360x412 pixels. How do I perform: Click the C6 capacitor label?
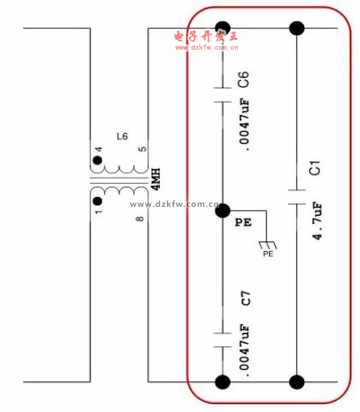(243, 79)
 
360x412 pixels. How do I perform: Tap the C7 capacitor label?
(246, 299)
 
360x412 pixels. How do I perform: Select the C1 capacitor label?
(314, 168)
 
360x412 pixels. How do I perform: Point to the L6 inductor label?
(122, 137)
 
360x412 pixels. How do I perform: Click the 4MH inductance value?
(155, 179)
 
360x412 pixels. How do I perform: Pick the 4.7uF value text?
(317, 221)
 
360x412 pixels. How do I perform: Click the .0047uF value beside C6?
(244, 125)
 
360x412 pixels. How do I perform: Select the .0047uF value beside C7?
(244, 350)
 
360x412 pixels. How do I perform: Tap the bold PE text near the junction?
(243, 222)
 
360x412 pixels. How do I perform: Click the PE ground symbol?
(268, 246)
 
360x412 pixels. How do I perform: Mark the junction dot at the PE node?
(223, 210)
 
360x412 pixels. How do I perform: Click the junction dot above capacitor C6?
(223, 28)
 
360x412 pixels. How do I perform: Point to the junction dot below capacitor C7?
(223, 382)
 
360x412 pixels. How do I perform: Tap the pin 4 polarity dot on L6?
(97, 160)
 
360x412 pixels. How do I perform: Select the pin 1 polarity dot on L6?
(97, 201)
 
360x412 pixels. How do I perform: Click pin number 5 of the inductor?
(142, 149)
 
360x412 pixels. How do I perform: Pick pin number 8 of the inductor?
(140, 219)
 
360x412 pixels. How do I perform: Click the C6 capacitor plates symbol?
(223, 94)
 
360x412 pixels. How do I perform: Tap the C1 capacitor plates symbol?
(296, 197)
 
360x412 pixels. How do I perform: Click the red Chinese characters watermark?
(206, 36)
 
